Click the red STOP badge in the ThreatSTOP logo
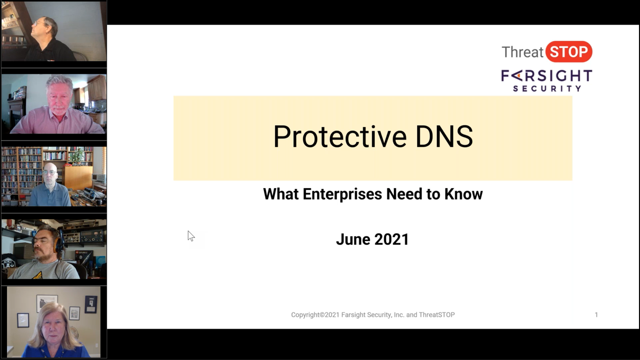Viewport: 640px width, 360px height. [569, 52]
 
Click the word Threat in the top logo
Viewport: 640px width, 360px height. [523, 52]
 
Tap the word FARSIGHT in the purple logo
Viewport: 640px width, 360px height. [546, 76]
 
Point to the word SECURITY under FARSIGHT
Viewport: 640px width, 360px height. [547, 88]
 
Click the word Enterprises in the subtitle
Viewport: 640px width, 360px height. [342, 194]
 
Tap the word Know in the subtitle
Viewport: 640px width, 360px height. [464, 194]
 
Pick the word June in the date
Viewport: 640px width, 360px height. [352, 239]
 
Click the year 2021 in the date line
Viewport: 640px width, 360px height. [391, 239]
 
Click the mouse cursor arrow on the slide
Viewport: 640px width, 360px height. [191, 236]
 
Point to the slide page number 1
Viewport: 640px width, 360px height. [597, 314]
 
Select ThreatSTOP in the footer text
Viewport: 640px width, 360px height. [437, 314]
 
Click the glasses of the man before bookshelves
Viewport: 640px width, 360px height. [49, 172]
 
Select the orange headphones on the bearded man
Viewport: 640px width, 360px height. [58, 244]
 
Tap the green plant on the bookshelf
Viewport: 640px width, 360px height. [78, 156]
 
